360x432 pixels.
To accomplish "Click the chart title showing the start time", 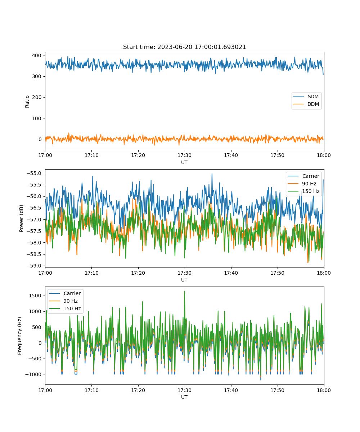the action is [x=184, y=47].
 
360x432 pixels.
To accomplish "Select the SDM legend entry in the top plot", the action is [x=306, y=96].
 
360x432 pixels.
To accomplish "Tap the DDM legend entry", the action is [x=306, y=104].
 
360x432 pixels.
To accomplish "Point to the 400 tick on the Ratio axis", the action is [x=37, y=55].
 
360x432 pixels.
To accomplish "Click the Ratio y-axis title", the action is [x=27, y=102].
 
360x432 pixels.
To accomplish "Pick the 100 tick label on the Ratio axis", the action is [x=37, y=118].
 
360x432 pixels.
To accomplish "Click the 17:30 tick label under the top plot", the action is [x=184, y=155].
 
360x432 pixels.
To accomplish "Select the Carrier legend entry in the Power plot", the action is [x=303, y=176].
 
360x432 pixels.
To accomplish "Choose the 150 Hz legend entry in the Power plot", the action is [x=303, y=191].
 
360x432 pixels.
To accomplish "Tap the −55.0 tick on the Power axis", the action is [x=34, y=173].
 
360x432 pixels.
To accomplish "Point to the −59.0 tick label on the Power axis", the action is [x=34, y=266].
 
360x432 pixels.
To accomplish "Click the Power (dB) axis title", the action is [x=21, y=218].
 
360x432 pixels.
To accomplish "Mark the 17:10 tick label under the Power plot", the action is [x=91, y=273].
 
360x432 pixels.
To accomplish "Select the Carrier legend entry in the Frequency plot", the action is [x=65, y=293].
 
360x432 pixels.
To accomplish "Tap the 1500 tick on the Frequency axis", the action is [x=35, y=296].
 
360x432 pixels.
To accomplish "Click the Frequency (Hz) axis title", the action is [x=20, y=336].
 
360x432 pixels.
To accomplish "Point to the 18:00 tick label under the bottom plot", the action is [x=324, y=390].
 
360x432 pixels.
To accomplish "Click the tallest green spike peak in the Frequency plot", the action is [x=185, y=291].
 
